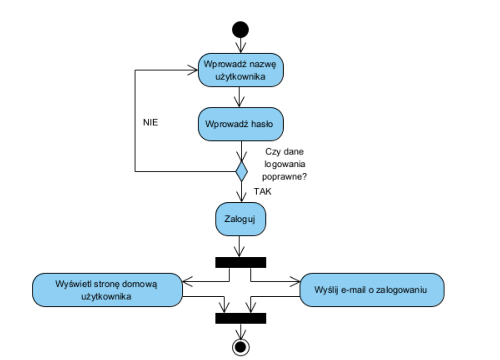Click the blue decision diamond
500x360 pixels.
pyautogui.click(x=241, y=171)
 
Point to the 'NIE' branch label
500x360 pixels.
pyautogui.click(x=151, y=123)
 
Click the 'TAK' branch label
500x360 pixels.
pyautogui.click(x=263, y=192)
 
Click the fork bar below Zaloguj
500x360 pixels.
pyautogui.click(x=241, y=262)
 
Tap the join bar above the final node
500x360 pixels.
pyautogui.click(x=241, y=318)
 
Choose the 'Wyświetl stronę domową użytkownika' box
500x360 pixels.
pyautogui.click(x=107, y=289)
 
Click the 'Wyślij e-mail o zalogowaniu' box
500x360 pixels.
pyautogui.click(x=372, y=289)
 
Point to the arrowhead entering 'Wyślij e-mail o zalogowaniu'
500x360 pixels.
pyautogui.click(x=296, y=281)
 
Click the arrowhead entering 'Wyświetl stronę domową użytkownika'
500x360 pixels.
pyautogui.click(x=187, y=281)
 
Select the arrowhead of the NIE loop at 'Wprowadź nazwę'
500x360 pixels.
pyautogui.click(x=193, y=70)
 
